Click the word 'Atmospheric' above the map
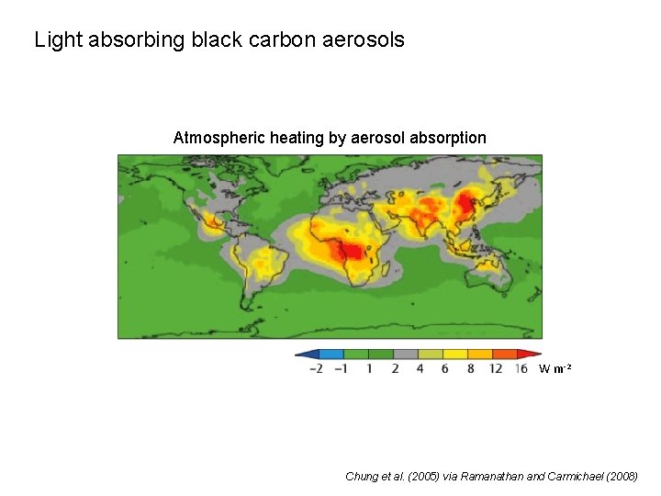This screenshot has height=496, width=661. click(x=218, y=138)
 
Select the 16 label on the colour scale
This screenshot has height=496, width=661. click(x=521, y=368)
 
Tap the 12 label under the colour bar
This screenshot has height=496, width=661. click(x=496, y=368)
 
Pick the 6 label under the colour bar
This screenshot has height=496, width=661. click(x=445, y=368)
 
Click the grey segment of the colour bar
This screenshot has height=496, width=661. click(x=406, y=354)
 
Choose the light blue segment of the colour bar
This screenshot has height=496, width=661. click(x=331, y=354)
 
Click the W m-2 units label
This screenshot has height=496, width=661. click(x=555, y=369)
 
